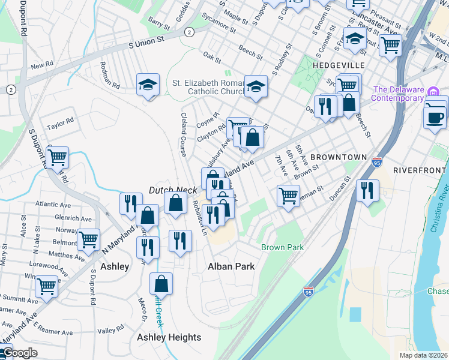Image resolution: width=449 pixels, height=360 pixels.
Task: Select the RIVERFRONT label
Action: tap(421, 170)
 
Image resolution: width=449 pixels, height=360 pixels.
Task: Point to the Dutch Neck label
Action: tap(173, 190)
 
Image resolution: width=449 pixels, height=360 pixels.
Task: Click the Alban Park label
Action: tap(231, 266)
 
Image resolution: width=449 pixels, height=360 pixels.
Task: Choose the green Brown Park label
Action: tap(282, 247)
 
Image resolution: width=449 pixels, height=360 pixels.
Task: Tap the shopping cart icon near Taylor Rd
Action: tap(58, 158)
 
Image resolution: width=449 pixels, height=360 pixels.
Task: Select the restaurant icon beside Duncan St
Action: tap(367, 190)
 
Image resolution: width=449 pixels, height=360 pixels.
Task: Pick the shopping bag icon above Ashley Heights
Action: tap(161, 283)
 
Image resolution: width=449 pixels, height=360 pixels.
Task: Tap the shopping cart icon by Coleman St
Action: tap(288, 195)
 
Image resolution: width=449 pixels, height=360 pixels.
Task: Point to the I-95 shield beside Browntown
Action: tap(377, 162)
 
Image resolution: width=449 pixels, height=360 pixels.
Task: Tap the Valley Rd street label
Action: tap(110, 331)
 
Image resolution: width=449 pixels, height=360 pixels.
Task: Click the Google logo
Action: tap(19, 353)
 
